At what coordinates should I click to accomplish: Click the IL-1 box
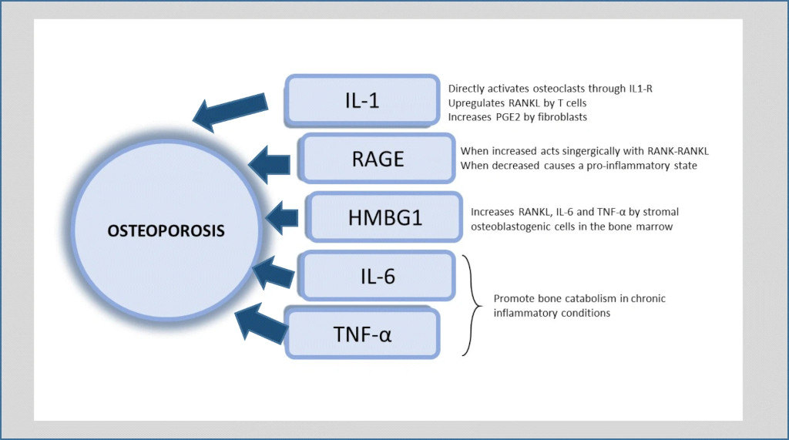pos(362,100)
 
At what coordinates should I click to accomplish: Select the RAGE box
pos(378,159)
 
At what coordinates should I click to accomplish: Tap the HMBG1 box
pos(384,217)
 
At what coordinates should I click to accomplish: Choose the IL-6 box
pos(378,276)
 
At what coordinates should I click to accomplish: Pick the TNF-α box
pos(362,334)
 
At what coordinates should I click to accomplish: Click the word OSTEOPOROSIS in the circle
pos(166,231)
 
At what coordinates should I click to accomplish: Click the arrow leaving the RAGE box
pos(269,164)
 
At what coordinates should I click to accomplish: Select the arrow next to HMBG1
pos(282,217)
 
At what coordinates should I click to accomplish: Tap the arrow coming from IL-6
pos(274,272)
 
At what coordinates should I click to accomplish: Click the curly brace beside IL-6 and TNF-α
pos(471,305)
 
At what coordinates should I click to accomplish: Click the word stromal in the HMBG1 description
pos(660,212)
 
